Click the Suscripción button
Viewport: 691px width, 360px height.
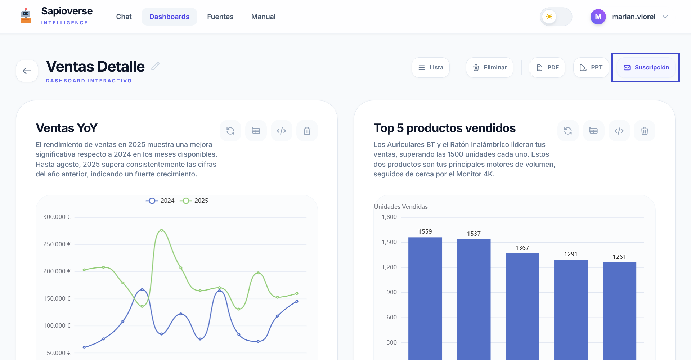point(646,68)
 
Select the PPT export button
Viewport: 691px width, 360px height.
point(591,68)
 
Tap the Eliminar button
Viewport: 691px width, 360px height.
point(490,68)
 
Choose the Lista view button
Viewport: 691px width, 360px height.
point(431,68)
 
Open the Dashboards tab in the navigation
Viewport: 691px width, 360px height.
point(169,17)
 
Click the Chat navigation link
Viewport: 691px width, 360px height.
point(124,17)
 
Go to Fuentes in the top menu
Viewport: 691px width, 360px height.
point(220,17)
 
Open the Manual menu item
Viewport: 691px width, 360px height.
point(264,17)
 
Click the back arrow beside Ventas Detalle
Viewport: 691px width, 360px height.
point(27,71)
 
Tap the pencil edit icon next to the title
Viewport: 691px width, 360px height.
point(155,66)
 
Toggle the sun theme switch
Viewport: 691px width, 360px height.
point(556,17)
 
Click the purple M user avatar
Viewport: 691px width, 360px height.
point(598,17)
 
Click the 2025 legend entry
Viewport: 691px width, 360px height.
point(194,201)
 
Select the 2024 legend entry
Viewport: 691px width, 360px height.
point(160,201)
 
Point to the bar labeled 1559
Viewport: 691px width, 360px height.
point(425,298)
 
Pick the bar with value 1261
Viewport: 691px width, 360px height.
point(620,311)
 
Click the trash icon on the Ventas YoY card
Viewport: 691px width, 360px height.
point(307,131)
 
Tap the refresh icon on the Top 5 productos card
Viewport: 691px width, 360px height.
point(568,131)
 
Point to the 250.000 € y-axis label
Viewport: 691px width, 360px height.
point(57,244)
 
